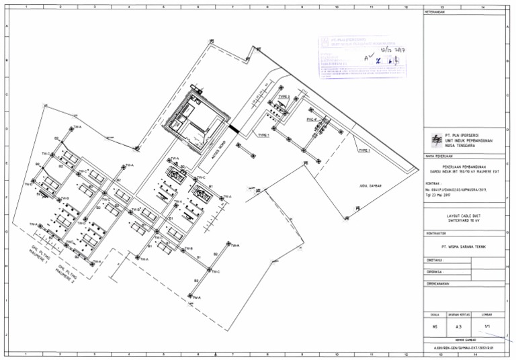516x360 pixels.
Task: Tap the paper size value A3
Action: (x=459, y=326)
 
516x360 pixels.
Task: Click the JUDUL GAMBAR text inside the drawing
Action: (x=372, y=183)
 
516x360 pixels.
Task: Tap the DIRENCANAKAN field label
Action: (x=441, y=284)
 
